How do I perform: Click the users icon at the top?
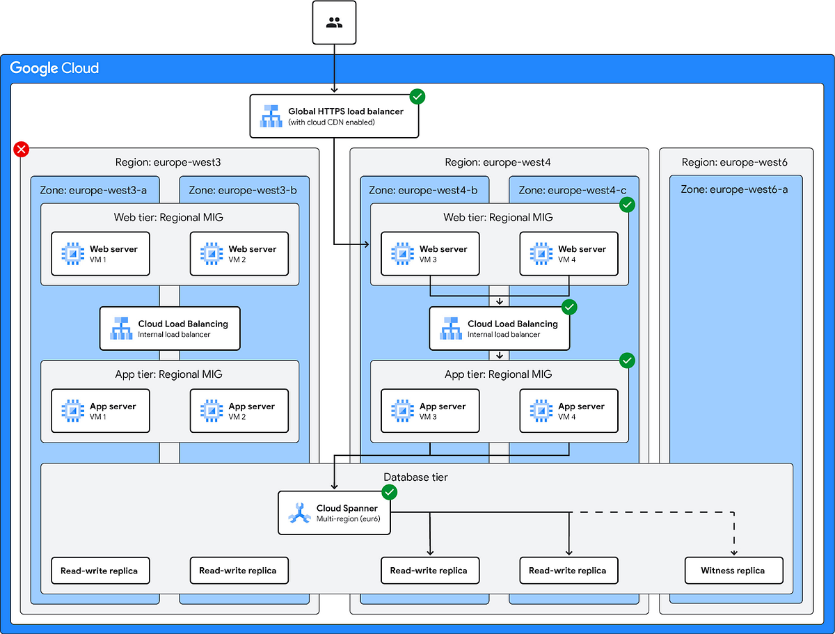334,23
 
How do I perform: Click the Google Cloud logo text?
54,68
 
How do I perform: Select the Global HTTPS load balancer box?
334,116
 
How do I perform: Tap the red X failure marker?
22,148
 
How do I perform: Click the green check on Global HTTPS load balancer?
417,97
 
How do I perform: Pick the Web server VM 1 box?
101,254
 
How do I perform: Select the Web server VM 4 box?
568,254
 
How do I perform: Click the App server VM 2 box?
239,411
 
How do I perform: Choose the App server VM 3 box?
430,411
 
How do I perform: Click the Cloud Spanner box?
334,513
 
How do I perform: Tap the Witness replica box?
733,571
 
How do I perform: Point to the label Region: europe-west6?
735,162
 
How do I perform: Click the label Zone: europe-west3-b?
244,190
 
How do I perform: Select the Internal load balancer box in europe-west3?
170,328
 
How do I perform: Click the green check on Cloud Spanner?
390,493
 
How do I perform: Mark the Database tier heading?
416,477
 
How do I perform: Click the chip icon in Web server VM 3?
401,254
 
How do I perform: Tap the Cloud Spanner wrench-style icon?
298,514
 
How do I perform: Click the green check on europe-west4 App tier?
627,360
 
